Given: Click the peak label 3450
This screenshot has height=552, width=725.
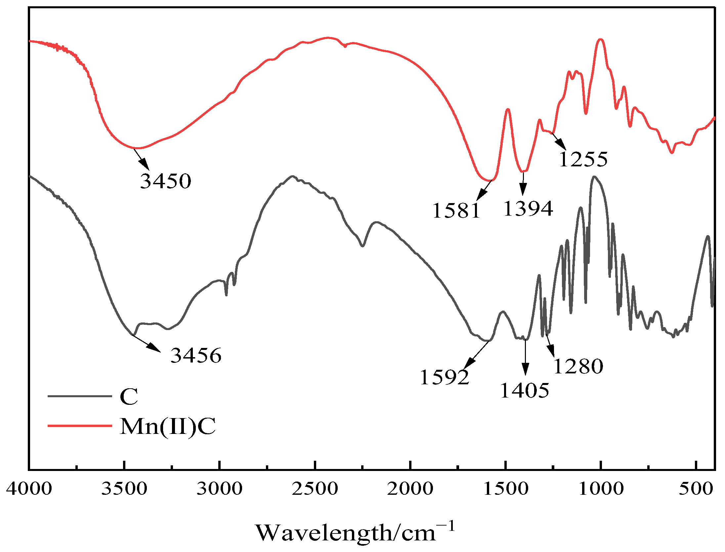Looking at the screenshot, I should tap(166, 181).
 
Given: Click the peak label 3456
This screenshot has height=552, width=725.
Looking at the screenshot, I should tap(196, 356).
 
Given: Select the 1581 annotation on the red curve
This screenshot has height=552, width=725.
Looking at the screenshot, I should tap(456, 210).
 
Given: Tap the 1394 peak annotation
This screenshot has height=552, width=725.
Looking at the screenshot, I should tap(528, 208).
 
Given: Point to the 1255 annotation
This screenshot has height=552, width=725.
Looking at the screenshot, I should tap(583, 159).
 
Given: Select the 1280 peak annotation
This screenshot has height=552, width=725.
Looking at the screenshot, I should tap(578, 366).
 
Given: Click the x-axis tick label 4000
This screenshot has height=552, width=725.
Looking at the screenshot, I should tap(29, 488).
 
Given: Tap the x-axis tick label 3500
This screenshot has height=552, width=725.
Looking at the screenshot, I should tap(124, 488).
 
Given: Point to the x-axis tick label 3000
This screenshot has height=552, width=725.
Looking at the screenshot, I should tap(220, 488).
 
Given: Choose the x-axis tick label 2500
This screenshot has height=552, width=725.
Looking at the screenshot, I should tap(315, 488).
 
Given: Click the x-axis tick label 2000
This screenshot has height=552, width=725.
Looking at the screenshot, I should tap(410, 488).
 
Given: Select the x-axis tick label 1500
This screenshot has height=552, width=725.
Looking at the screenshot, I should tap(506, 488).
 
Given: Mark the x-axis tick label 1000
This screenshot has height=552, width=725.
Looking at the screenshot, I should tap(601, 488).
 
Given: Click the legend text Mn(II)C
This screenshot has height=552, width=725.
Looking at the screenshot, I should tap(168, 426).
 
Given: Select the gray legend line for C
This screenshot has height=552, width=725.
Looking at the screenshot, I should tap(80, 396).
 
